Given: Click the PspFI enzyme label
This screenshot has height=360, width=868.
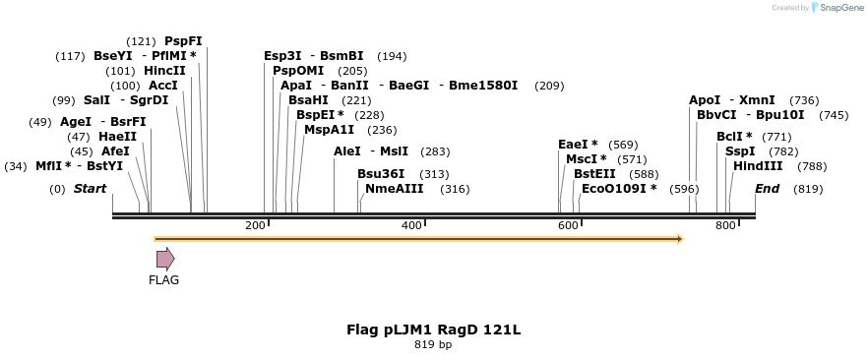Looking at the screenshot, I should click(x=183, y=41).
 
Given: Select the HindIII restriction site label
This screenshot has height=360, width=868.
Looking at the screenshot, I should click(x=758, y=166).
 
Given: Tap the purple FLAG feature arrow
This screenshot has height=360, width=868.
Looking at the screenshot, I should click(x=165, y=259).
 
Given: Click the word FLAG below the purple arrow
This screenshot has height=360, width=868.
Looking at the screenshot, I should click(x=164, y=280).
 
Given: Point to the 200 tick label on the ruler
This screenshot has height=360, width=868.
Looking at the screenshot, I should click(x=255, y=226).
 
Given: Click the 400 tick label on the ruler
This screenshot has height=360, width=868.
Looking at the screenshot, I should click(x=411, y=226).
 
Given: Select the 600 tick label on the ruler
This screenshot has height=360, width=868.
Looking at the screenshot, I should click(x=568, y=226).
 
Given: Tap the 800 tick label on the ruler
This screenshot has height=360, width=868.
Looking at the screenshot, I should click(x=724, y=226).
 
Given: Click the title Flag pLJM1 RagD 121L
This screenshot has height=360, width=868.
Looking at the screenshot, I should click(x=433, y=330).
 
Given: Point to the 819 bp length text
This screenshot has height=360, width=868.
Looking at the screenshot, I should click(x=433, y=345).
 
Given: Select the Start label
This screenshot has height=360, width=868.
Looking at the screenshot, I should click(x=90, y=189).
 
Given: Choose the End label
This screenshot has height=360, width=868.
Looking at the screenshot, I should click(x=768, y=189).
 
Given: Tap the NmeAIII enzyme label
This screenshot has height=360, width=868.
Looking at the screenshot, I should click(x=394, y=189).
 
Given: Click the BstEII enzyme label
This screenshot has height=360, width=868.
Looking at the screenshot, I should click(x=594, y=174).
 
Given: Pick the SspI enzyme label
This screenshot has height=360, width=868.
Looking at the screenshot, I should click(x=740, y=151).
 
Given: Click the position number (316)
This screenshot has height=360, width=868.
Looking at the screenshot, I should click(x=455, y=189).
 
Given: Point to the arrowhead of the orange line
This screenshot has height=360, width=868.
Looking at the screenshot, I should click(x=678, y=239).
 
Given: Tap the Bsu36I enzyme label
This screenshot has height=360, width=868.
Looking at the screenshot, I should click(x=381, y=174).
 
